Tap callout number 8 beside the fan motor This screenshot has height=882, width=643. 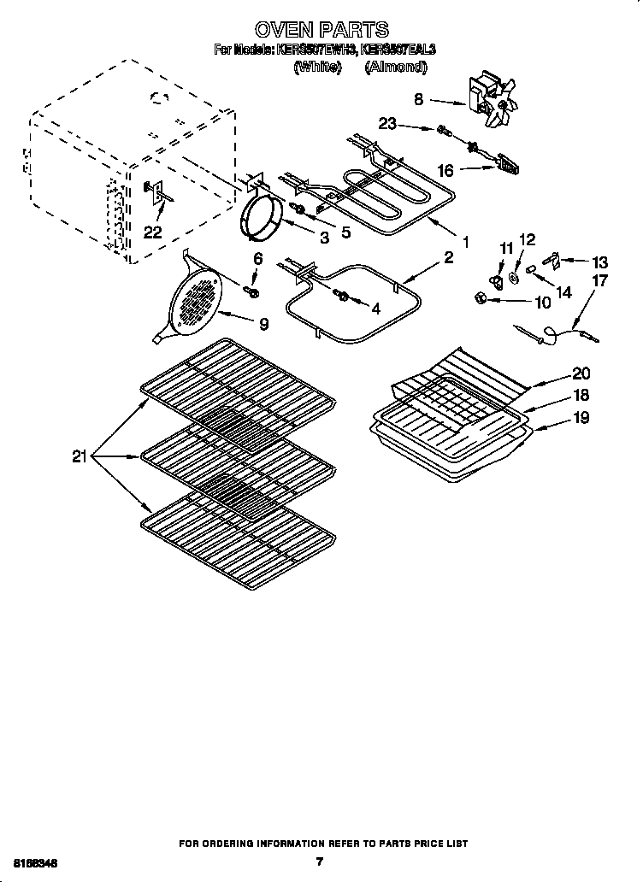coord(418,99)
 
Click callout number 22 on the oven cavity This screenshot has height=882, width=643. coord(152,232)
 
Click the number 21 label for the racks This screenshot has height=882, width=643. coord(80,457)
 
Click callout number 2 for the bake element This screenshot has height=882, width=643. coord(448,258)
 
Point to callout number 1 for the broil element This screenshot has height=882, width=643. coord(465,242)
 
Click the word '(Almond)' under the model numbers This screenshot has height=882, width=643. coord(395,67)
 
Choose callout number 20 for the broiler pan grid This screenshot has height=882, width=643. coord(581,373)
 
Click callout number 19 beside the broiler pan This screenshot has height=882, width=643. coord(581,419)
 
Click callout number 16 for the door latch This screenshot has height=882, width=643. coord(445,171)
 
